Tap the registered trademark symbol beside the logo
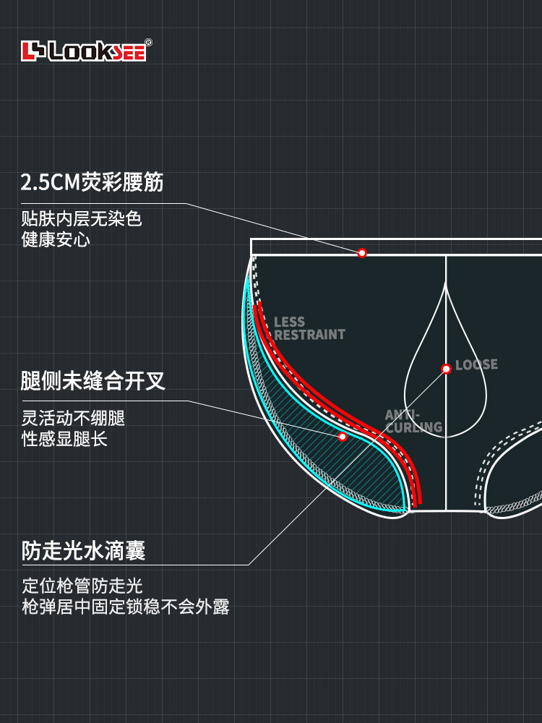click(x=148, y=43)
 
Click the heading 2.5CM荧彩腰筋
click(x=93, y=182)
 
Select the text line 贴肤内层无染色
click(x=82, y=218)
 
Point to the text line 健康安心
click(x=56, y=239)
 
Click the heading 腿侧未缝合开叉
click(x=93, y=381)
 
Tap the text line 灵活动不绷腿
click(x=73, y=418)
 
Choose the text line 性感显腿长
click(x=64, y=439)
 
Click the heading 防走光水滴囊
click(x=84, y=550)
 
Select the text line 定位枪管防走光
click(x=82, y=586)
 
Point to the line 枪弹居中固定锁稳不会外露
click(x=125, y=607)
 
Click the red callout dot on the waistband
click(x=362, y=252)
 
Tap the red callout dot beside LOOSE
click(x=446, y=369)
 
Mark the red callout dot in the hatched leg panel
click(x=343, y=436)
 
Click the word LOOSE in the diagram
click(x=476, y=364)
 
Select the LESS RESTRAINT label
click(x=309, y=328)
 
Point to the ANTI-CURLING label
click(x=413, y=421)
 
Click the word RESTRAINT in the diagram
click(x=309, y=334)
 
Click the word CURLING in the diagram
click(x=414, y=427)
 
